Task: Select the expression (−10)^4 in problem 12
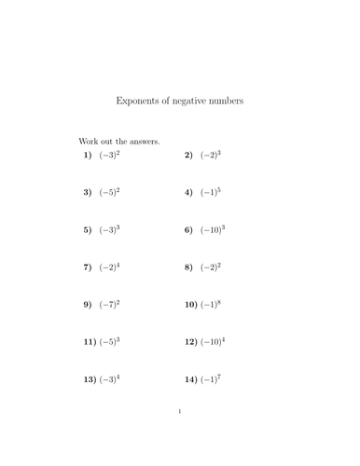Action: pos(215,342)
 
